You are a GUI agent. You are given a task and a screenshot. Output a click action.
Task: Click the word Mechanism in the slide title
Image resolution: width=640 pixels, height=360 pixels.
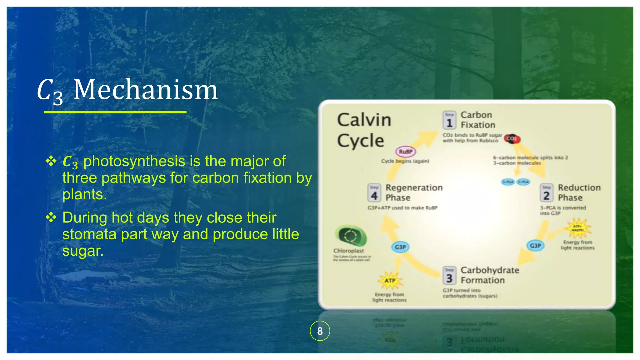click(145, 90)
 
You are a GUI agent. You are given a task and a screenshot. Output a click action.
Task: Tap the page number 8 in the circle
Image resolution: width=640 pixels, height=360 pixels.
click(320, 331)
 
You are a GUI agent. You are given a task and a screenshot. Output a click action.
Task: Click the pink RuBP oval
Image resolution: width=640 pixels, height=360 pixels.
click(406, 152)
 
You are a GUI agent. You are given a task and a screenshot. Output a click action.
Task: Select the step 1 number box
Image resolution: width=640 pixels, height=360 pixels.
click(449, 120)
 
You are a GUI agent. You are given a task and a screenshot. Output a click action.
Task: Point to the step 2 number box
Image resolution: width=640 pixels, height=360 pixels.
click(547, 193)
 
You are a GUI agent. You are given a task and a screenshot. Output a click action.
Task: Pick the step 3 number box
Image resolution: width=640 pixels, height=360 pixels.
click(449, 275)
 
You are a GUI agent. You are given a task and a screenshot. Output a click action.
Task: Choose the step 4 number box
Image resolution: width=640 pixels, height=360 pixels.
click(374, 193)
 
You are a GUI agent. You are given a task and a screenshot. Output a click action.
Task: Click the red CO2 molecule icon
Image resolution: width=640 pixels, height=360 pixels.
click(512, 138)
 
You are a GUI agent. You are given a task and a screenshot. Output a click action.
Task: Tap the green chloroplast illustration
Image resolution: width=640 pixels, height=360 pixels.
click(351, 236)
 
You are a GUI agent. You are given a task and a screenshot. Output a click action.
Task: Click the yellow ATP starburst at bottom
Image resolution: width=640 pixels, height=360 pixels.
click(390, 281)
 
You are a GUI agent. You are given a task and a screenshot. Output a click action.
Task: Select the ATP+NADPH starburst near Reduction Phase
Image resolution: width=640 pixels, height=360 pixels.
click(577, 228)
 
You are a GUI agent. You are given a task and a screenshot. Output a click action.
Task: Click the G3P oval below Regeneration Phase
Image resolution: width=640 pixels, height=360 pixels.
click(400, 247)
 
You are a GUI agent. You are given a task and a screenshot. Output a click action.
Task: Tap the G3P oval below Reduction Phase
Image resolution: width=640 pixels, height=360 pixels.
click(535, 246)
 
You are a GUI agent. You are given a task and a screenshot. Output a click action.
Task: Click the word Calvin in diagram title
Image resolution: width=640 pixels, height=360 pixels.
click(364, 120)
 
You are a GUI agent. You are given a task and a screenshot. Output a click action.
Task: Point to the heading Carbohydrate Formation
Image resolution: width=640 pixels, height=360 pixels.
click(490, 275)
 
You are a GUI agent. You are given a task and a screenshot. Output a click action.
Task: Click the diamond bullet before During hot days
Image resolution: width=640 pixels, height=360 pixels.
click(51, 217)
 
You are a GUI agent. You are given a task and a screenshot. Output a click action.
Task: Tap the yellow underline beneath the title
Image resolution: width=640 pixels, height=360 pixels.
click(115, 112)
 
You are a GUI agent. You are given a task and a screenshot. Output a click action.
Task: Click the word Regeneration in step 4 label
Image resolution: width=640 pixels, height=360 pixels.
click(414, 187)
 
